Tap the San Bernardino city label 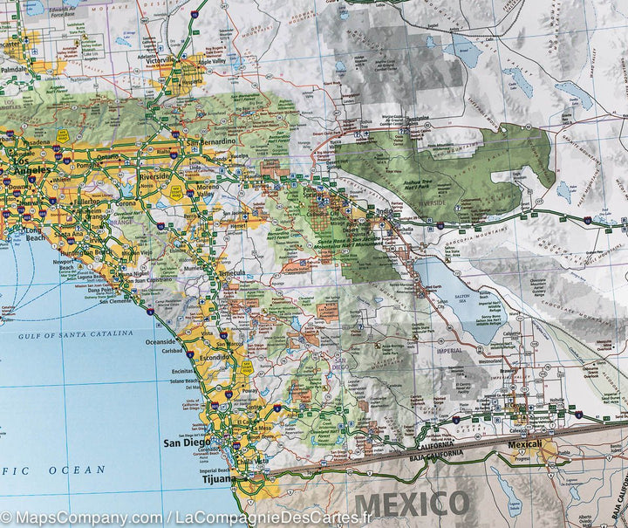(210, 141)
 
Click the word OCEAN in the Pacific (77, 470)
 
